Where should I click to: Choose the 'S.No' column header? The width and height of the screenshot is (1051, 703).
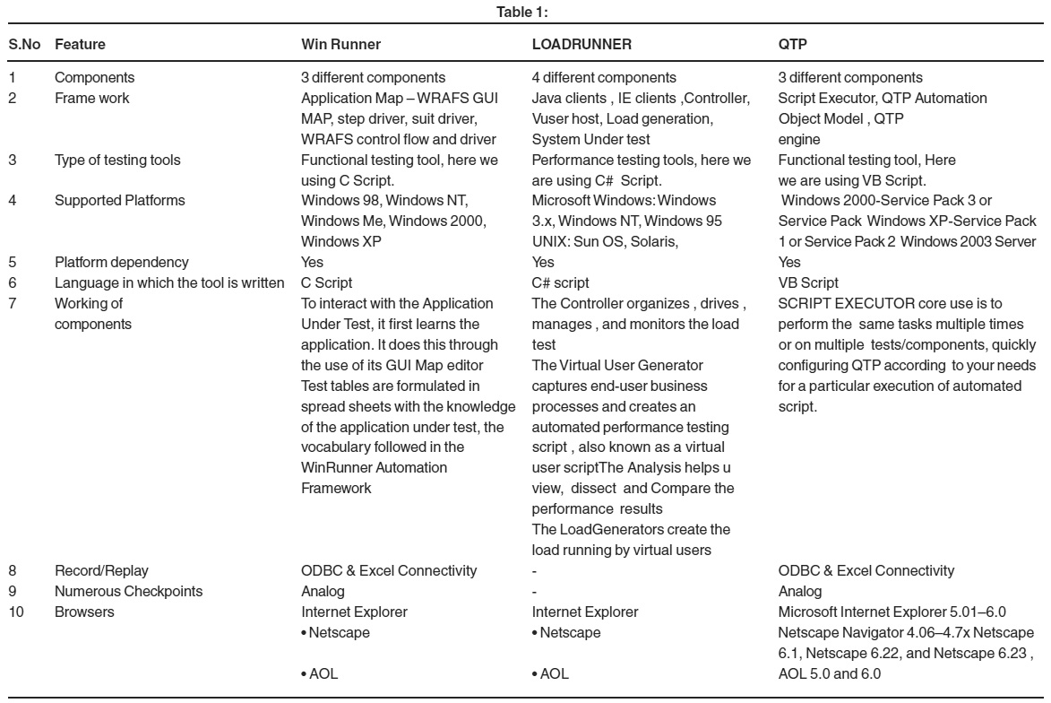22,42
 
